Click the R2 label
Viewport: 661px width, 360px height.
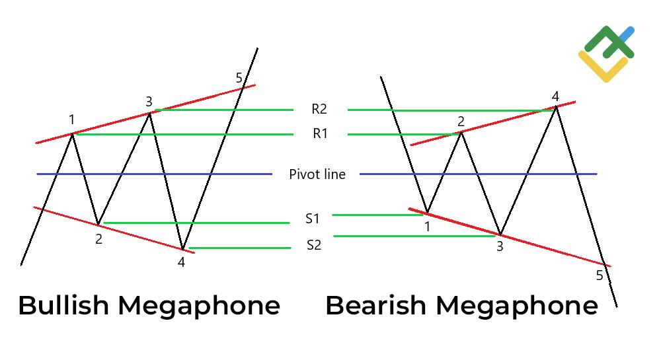click(x=319, y=109)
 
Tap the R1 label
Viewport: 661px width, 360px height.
click(x=320, y=134)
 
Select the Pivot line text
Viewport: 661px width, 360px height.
click(x=317, y=174)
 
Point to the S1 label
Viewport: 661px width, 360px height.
click(x=312, y=219)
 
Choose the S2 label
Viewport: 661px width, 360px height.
click(x=313, y=246)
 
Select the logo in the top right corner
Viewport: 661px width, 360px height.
click(x=606, y=54)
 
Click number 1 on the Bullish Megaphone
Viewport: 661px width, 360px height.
click(x=71, y=120)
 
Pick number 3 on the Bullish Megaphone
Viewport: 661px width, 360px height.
click(x=149, y=101)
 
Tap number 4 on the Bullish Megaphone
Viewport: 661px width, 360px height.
click(x=181, y=262)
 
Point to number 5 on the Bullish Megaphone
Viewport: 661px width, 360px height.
click(x=239, y=79)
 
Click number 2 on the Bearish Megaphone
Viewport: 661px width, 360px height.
click(x=461, y=121)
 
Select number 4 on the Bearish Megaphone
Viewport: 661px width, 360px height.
click(x=555, y=97)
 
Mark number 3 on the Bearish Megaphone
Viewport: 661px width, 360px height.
click(x=500, y=246)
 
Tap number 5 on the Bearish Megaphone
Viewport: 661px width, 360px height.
click(x=600, y=275)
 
